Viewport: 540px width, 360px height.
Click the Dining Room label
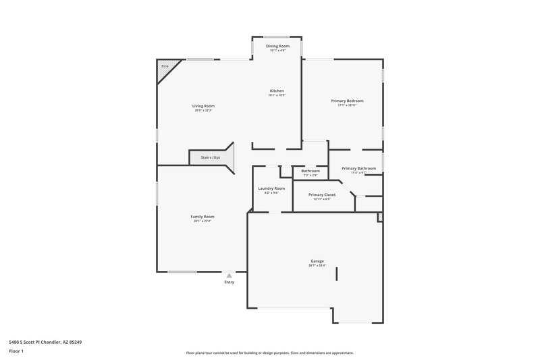pos(277,46)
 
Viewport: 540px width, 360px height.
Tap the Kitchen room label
pos(277,91)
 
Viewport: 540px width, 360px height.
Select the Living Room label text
pos(203,106)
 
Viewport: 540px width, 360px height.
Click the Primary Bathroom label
pos(358,168)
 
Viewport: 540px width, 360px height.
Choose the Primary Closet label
pos(322,195)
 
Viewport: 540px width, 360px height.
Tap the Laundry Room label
pos(271,188)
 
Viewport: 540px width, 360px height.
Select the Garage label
pos(317,261)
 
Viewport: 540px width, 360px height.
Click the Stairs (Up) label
pos(211,157)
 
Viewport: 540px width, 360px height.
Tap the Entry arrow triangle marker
pos(230,276)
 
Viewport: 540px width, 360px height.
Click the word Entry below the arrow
pos(230,283)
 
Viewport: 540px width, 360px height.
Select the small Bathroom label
pos(310,171)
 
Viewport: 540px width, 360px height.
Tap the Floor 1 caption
pos(17,352)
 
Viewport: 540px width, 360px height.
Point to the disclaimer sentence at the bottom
pos(270,353)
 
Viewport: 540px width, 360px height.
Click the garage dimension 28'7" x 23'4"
pos(317,265)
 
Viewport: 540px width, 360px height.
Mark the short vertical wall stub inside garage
pos(337,272)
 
